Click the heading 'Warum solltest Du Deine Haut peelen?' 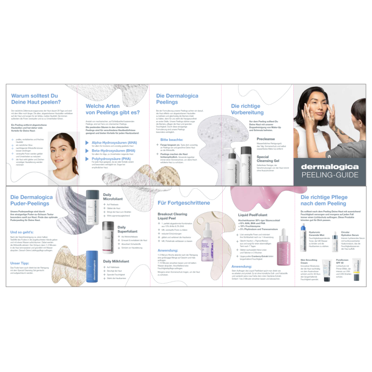click(x=35, y=99)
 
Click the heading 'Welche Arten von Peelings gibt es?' click(x=113, y=109)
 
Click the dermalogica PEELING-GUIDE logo click(x=330, y=171)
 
